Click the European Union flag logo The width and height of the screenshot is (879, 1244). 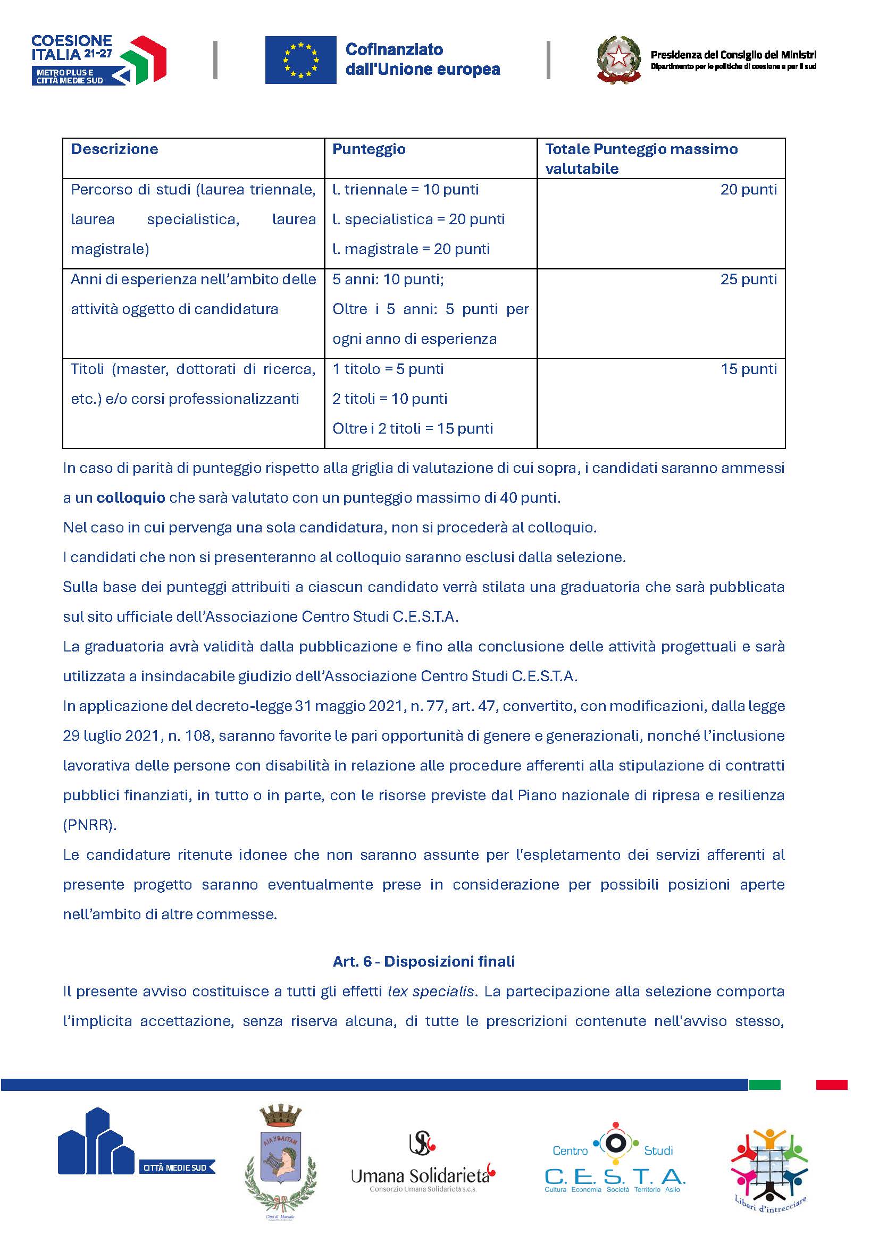pyautogui.click(x=300, y=60)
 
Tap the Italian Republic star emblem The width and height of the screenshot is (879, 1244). pyautogui.click(x=618, y=59)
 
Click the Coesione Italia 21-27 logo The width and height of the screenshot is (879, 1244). pyautogui.click(x=98, y=60)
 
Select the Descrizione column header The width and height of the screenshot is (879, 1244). pyautogui.click(x=114, y=149)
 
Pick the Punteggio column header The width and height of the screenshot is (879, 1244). pyautogui.click(x=369, y=149)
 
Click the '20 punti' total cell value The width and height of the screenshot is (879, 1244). pyautogui.click(x=748, y=190)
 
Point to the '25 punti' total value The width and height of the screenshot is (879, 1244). pyautogui.click(x=748, y=280)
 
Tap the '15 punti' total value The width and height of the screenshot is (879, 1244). pyautogui.click(x=749, y=369)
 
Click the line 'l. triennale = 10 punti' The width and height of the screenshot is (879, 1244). pyautogui.click(x=405, y=190)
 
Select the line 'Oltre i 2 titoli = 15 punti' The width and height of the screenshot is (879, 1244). pyautogui.click(x=413, y=429)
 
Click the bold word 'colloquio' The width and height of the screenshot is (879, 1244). pyautogui.click(x=131, y=498)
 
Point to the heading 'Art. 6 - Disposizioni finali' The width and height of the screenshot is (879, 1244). pyautogui.click(x=423, y=962)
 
